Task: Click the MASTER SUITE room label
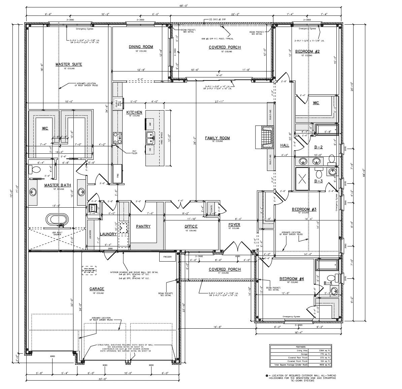[x=69, y=64]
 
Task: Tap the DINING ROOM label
[x=141, y=47]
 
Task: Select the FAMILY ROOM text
[x=217, y=138]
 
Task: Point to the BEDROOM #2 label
[x=307, y=52]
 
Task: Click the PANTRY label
[x=143, y=227]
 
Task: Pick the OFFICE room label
[x=191, y=227]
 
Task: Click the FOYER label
[x=234, y=225]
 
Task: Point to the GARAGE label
[x=97, y=289]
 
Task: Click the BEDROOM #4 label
[x=292, y=279]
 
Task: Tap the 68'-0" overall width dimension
[x=183, y=6]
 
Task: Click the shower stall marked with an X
[x=302, y=176]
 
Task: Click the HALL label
[x=284, y=145]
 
